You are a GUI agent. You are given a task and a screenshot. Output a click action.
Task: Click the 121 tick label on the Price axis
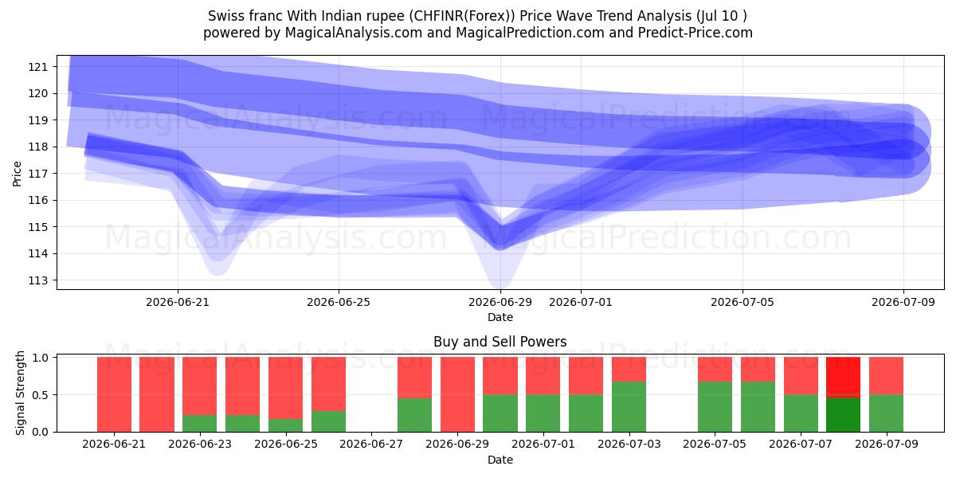pyautogui.click(x=38, y=67)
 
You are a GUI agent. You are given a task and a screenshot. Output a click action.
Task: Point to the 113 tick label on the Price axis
pyautogui.click(x=38, y=280)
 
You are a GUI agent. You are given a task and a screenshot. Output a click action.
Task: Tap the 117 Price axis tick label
pyautogui.click(x=38, y=174)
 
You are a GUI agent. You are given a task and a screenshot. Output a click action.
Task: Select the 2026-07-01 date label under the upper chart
pyautogui.click(x=581, y=302)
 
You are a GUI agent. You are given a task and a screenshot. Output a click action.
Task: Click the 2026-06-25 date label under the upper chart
pyautogui.click(x=339, y=302)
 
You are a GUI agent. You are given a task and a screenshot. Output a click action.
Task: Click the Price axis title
pyautogui.click(x=17, y=174)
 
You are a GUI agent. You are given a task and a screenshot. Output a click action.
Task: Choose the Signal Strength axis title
pyautogui.click(x=20, y=393)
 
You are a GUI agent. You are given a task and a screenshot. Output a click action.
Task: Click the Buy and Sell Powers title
pyautogui.click(x=500, y=342)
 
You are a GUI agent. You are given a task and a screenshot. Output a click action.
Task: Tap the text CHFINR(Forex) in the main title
pyautogui.click(x=462, y=16)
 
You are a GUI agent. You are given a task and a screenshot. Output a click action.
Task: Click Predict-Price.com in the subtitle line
pyautogui.click(x=695, y=33)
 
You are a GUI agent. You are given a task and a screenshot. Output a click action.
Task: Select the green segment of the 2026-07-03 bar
pyautogui.click(x=629, y=407)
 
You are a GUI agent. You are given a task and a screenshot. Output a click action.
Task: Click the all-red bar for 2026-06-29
pyautogui.click(x=457, y=394)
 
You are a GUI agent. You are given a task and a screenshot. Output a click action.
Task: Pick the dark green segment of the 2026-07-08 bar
pyautogui.click(x=844, y=415)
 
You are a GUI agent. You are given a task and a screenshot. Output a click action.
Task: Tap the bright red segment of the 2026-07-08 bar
pyautogui.click(x=844, y=378)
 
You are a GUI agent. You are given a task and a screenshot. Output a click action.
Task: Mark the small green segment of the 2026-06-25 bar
pyautogui.click(x=285, y=425)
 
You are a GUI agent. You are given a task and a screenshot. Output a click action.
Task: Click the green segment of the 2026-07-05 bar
pyautogui.click(x=715, y=407)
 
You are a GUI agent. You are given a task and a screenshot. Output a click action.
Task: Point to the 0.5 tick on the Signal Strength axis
pyautogui.click(x=40, y=395)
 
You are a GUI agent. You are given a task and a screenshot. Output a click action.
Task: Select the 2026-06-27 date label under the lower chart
pyautogui.click(x=371, y=445)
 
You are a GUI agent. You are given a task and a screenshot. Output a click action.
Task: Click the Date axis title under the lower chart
pyautogui.click(x=500, y=460)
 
